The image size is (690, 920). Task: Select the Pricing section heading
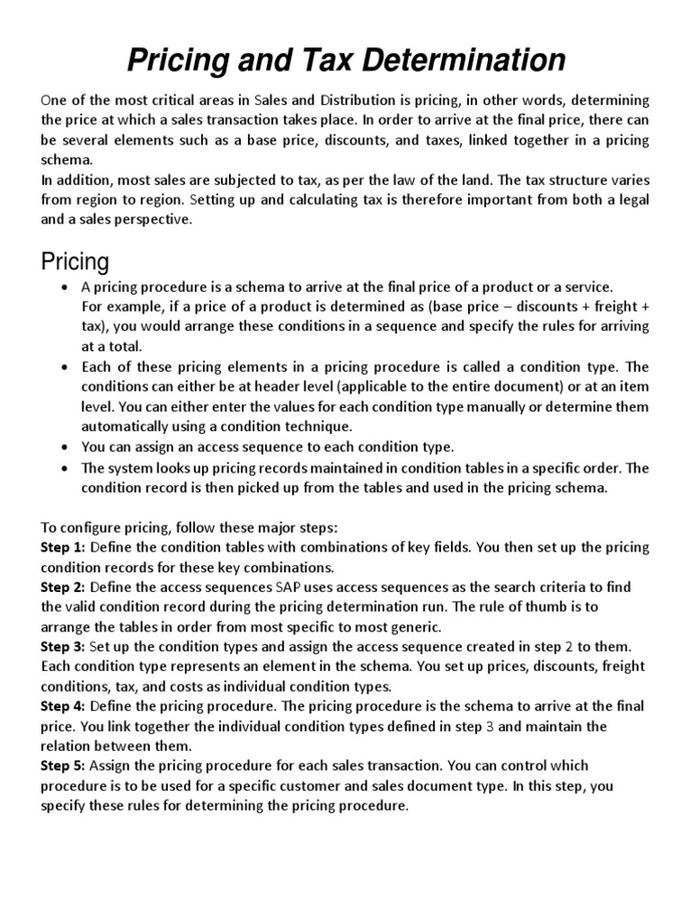click(x=75, y=261)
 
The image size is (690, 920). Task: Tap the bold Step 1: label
click(x=63, y=547)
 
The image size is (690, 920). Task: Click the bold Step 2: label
click(x=63, y=587)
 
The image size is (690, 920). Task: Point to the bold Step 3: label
click(x=63, y=646)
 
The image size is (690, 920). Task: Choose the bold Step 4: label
click(x=63, y=706)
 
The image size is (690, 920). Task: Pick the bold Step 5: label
click(x=63, y=765)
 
